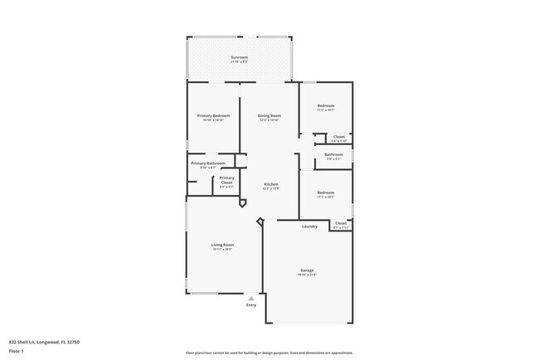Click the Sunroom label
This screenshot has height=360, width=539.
(239, 57)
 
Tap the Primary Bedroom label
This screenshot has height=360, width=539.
(213, 115)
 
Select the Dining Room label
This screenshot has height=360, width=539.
(269, 115)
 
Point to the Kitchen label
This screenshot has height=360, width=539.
(270, 184)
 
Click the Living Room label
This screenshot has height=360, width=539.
(222, 245)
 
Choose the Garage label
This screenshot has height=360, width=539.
(307, 270)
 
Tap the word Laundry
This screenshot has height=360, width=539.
(310, 226)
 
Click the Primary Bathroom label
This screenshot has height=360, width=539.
(208, 163)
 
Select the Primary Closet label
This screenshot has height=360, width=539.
(226, 178)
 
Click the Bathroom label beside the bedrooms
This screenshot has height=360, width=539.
(334, 154)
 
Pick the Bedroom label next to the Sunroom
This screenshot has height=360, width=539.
(325, 106)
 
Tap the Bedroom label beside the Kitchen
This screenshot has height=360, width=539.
(325, 193)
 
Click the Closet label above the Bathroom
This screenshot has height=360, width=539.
(339, 138)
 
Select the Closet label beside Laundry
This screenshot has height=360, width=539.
(340, 223)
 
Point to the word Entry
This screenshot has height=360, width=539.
(251, 305)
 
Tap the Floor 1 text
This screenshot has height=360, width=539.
(17, 349)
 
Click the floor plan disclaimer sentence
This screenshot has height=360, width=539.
(269, 353)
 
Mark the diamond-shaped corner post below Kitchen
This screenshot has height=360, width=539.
(261, 221)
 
